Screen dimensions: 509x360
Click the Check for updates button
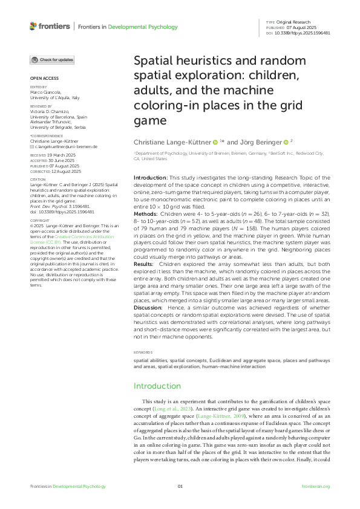coord(53,60)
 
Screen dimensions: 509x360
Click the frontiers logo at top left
coord(49,26)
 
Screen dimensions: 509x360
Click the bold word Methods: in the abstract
coord(146,213)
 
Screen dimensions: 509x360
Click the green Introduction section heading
coord(157,386)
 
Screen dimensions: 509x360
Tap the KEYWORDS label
coord(143,352)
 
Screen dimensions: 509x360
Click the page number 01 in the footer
coord(180,487)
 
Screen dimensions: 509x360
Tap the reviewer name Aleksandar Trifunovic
coord(53,122)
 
